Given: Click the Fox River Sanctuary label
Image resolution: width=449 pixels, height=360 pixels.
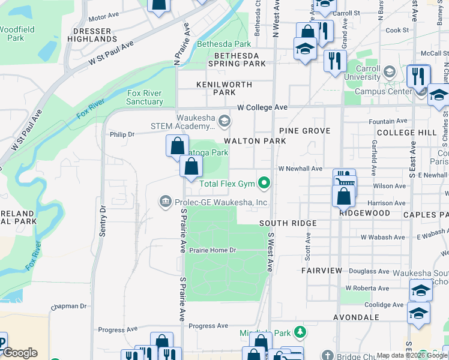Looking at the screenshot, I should (x=145, y=97).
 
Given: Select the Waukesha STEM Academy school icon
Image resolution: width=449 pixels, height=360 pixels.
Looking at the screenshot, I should (x=224, y=122).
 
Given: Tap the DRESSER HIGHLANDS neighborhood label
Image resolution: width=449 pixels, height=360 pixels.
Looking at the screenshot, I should (x=94, y=35).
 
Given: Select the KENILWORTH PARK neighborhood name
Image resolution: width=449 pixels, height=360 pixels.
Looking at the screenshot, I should (x=224, y=89).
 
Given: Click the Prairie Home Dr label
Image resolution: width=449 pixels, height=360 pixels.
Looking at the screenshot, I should (x=213, y=250).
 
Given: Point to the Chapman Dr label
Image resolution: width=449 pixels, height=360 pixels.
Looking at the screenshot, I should (x=69, y=306).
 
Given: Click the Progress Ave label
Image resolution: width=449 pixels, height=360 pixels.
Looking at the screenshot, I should (x=208, y=326).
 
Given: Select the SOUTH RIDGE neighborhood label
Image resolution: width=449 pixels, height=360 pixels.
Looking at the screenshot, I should (x=288, y=223).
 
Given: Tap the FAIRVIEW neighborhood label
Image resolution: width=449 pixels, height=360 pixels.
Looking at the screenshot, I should (x=321, y=271).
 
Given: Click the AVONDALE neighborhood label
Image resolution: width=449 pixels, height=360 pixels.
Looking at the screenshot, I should (x=358, y=317).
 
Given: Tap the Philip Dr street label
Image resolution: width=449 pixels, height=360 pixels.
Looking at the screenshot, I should (x=122, y=134).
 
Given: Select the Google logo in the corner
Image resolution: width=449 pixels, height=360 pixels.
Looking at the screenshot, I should (x=19, y=353).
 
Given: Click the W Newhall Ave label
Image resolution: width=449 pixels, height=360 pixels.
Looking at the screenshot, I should (x=300, y=169).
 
